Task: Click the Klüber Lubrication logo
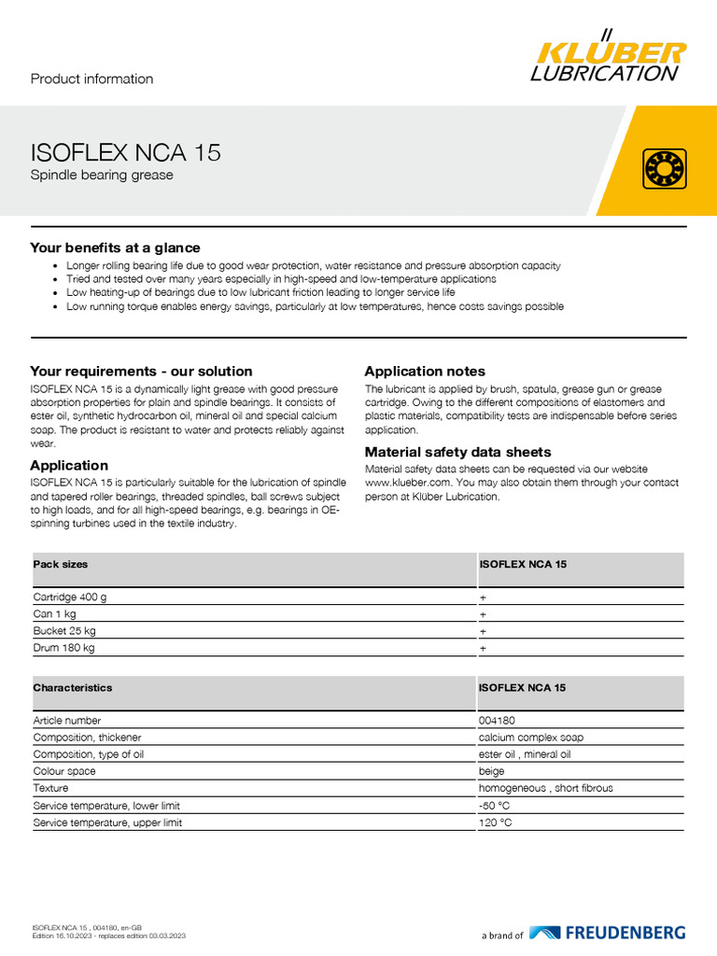(608, 58)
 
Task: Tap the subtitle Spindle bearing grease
(102, 175)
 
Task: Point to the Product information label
(91, 78)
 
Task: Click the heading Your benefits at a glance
(115, 247)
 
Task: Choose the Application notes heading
(425, 371)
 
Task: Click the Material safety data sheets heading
(457, 452)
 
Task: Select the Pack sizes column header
(61, 565)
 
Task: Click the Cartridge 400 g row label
(70, 597)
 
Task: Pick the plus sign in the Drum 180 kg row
(483, 648)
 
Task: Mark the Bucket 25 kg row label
(64, 631)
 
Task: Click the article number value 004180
(497, 721)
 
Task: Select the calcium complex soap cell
(531, 738)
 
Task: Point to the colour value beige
(491, 771)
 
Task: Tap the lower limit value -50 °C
(495, 805)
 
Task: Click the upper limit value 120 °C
(495, 822)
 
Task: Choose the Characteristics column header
(72, 688)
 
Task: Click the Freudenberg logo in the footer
(607, 933)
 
